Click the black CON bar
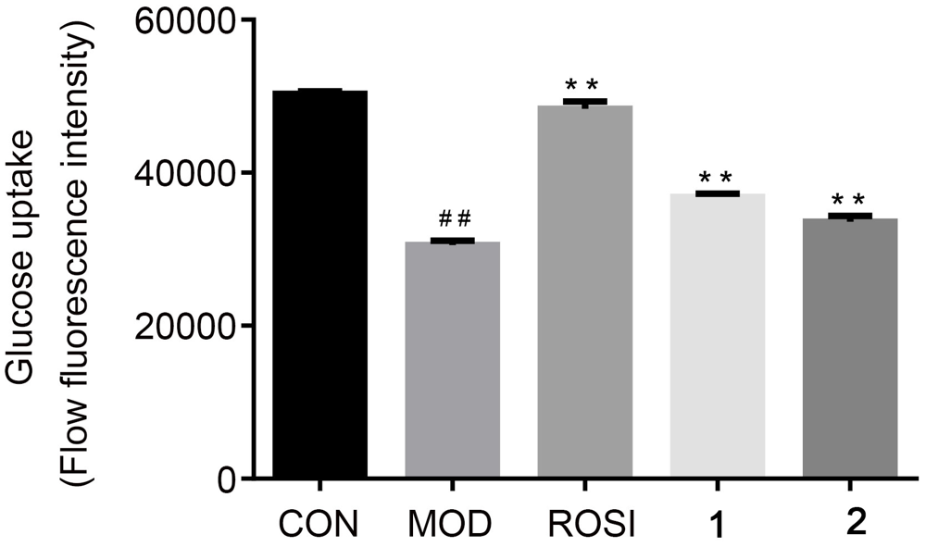pyautogui.click(x=320, y=284)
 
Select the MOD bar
pyautogui.click(x=453, y=360)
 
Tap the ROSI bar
pyautogui.click(x=585, y=292)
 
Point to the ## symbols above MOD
pyautogui.click(x=454, y=219)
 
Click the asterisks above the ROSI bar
pyautogui.click(x=585, y=81)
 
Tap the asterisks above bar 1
pyautogui.click(x=717, y=177)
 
